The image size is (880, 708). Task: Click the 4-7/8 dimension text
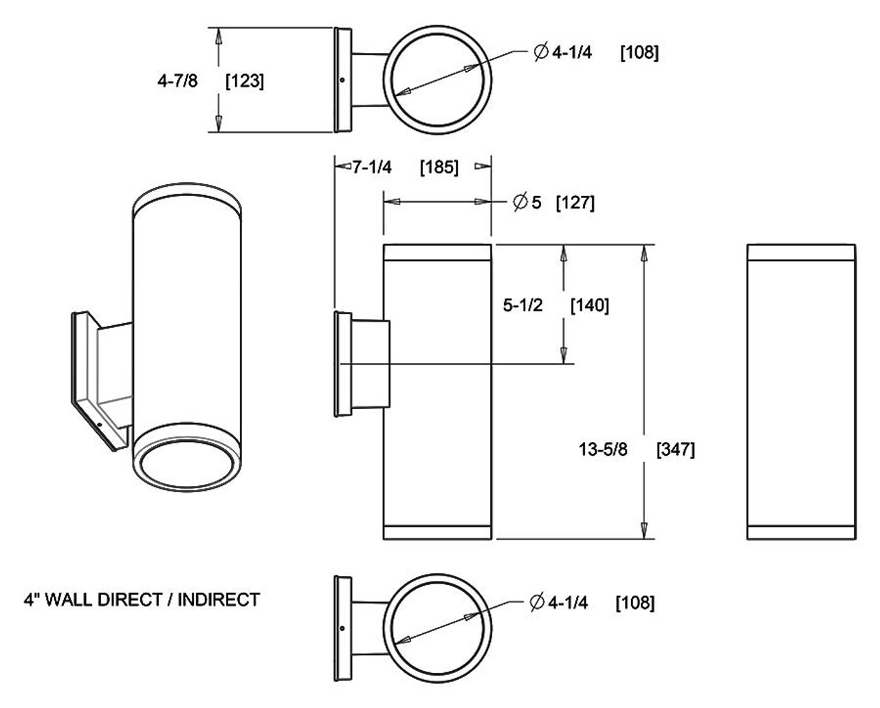coord(177,81)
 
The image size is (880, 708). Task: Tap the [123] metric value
coord(245,81)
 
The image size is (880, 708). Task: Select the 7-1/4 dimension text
coord(372,167)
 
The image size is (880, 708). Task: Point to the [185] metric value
coord(439,167)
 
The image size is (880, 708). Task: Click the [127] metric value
coord(575,203)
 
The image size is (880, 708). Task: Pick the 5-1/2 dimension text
coord(522,305)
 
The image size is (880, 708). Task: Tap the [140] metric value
coord(590,305)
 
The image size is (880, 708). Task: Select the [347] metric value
coord(676,450)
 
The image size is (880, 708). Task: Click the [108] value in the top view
coord(639,53)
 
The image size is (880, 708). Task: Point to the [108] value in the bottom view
coord(635,603)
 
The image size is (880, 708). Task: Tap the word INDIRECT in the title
coord(219,600)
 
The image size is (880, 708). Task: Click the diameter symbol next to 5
coord(520,203)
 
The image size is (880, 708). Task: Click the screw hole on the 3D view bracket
coord(100,424)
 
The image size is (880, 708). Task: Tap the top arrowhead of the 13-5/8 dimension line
coord(643,252)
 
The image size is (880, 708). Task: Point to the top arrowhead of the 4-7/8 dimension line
coord(219,36)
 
